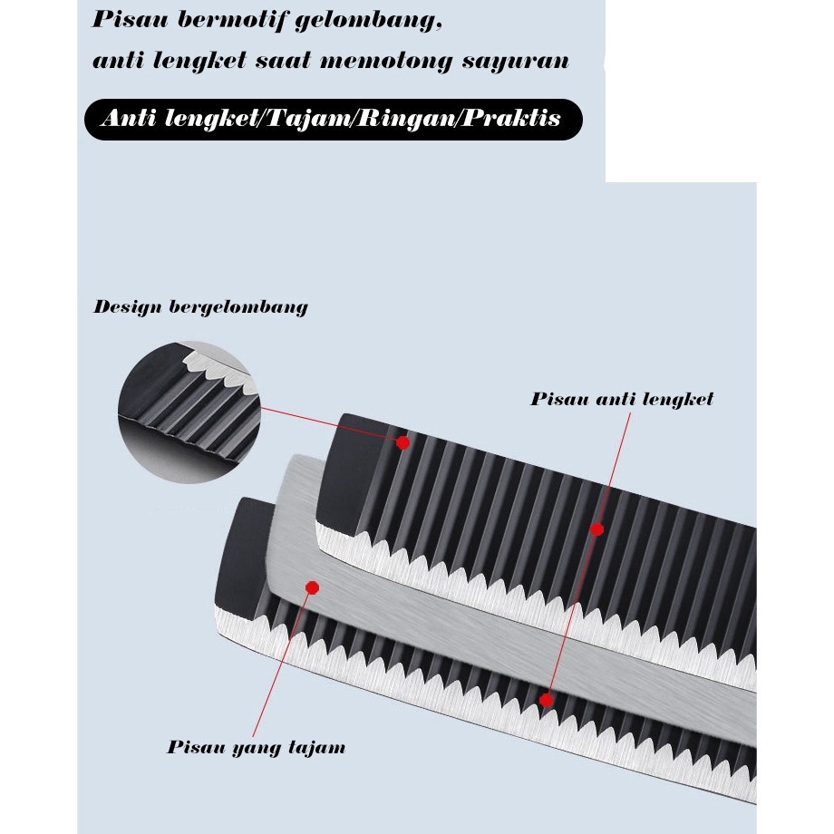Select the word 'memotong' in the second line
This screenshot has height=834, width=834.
(x=385, y=60)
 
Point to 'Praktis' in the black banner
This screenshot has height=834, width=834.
(x=511, y=117)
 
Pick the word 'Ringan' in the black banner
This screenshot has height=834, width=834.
(x=406, y=119)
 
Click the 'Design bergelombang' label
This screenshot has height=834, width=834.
(x=200, y=307)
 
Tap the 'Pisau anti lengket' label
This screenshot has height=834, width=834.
(x=622, y=399)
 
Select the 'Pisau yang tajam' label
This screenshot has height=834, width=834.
(x=257, y=747)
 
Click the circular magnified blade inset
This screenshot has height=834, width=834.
(x=189, y=412)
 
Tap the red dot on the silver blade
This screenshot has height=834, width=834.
(x=312, y=587)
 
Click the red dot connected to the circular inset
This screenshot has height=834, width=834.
(x=402, y=442)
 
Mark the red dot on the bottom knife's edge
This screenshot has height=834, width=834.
(x=546, y=700)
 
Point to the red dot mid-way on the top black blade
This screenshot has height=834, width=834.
(x=596, y=529)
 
